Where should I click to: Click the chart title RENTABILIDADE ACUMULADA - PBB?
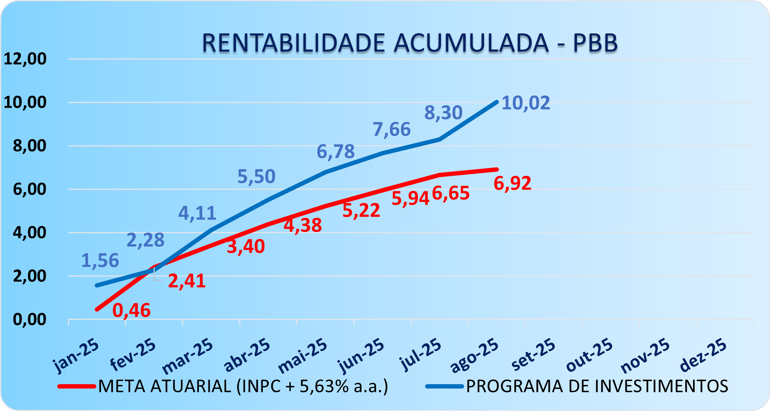(x=409, y=43)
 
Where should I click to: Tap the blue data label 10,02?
(x=526, y=103)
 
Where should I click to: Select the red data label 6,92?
(x=512, y=183)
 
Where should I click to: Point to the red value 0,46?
(x=131, y=310)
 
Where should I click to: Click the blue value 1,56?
(x=100, y=261)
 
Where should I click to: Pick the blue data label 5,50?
(x=256, y=176)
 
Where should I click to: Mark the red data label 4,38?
(x=303, y=225)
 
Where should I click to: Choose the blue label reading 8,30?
(x=443, y=113)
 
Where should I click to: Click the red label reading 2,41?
(x=187, y=281)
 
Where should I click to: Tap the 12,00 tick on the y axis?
(x=25, y=59)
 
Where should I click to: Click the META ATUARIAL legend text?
(x=243, y=386)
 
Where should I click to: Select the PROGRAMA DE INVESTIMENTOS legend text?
(x=597, y=386)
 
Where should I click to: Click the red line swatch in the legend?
(x=77, y=387)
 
